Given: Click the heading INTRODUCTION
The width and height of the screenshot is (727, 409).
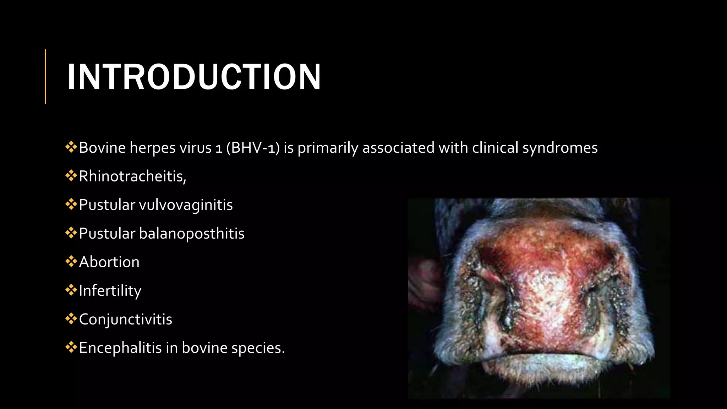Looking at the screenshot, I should coord(194,77).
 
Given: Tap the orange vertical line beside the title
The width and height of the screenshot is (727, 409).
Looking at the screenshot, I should coord(45,76).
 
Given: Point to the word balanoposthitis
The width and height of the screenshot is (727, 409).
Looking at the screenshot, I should coord(192,234).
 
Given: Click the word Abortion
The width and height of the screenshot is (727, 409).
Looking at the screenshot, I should coord(109,262).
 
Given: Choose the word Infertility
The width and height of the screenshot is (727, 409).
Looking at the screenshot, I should coord(110,291).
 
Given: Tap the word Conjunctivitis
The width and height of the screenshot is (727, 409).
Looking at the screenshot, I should coord(126,319).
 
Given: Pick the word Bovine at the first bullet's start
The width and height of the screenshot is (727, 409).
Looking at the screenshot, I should coord(102,148).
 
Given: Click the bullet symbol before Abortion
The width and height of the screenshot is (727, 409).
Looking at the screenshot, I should coord(71,262).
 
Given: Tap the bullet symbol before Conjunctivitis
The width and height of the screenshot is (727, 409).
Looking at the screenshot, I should coord(71,319).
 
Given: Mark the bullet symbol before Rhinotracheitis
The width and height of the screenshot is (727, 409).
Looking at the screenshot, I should coord(71,176).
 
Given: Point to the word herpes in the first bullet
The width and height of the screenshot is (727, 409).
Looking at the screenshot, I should coord(152,148).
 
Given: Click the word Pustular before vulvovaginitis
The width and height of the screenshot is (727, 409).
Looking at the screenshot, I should coord(107,205).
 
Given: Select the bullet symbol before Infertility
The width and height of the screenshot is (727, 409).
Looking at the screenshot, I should coord(71,290).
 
